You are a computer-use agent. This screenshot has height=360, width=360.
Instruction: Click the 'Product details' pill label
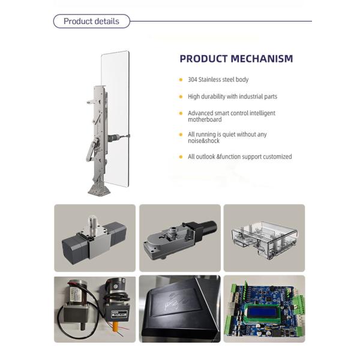[91, 22]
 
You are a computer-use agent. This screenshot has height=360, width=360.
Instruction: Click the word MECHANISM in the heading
[262, 59]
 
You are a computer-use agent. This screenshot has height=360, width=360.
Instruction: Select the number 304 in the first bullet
[193, 80]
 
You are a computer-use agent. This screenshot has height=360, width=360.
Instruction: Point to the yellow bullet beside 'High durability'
[181, 97]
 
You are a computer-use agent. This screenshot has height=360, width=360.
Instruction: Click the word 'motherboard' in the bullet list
[205, 119]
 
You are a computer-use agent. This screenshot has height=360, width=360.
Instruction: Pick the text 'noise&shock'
[203, 141]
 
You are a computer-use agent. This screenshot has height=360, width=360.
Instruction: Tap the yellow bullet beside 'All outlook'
[181, 157]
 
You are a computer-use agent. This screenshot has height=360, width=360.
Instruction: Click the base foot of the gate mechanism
[99, 190]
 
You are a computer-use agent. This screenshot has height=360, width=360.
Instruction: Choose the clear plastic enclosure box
[265, 239]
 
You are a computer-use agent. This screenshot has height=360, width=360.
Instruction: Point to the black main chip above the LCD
[268, 299]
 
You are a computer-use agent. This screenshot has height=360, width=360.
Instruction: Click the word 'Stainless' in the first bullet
[209, 80]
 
